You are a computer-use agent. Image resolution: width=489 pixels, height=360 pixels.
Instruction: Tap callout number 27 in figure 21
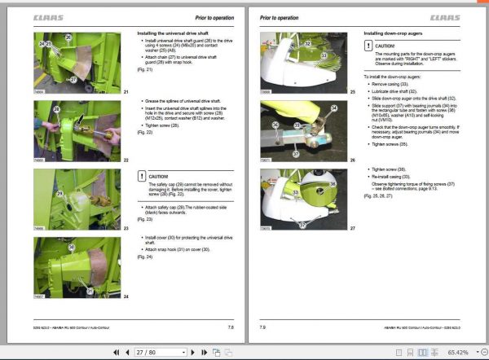coord(73,79)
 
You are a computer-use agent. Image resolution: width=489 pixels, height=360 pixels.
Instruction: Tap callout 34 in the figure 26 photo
coord(311,107)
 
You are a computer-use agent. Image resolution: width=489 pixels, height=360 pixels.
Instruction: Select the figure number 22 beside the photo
coord(126,160)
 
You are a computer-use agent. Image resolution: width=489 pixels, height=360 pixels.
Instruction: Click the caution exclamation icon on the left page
coord(143,175)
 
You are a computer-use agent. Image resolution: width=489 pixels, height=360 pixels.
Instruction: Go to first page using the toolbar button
coord(115,352)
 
